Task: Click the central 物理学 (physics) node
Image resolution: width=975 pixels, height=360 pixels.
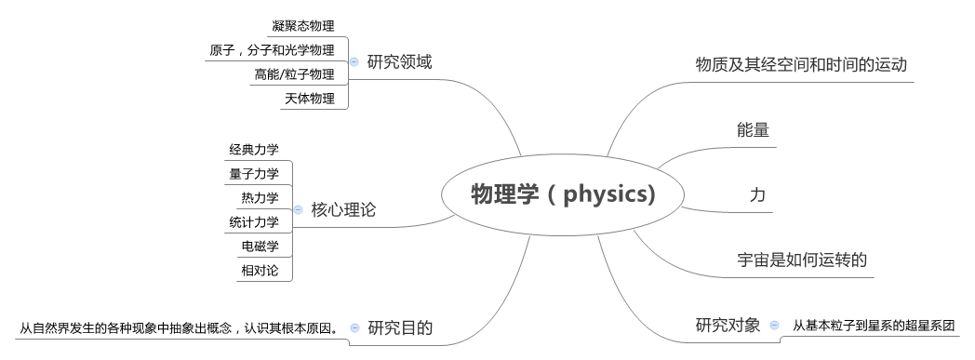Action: [564, 195]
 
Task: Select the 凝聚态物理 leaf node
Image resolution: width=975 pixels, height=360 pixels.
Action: [303, 26]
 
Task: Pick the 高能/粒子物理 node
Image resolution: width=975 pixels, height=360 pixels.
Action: [294, 74]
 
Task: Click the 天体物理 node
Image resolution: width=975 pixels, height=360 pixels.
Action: [310, 99]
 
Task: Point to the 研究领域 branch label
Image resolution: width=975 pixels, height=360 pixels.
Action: [400, 62]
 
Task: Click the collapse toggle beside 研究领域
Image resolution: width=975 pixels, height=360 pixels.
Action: [354, 62]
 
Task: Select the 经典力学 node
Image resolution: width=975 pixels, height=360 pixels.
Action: [254, 149]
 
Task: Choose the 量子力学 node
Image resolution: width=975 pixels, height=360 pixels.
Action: [254, 173]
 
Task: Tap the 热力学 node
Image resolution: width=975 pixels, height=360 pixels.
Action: [260, 197]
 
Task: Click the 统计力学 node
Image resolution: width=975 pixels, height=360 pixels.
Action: [254, 221]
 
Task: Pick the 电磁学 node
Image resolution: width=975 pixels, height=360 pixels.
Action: [260, 246]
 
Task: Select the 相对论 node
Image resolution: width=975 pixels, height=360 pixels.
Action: [260, 270]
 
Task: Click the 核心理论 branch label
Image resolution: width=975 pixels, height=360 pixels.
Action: [344, 210]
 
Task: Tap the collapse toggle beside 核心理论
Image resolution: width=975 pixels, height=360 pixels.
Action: [298, 210]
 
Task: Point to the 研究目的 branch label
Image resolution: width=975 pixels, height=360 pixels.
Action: [400, 327]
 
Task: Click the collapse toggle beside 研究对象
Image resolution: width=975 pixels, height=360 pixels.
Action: [774, 326]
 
